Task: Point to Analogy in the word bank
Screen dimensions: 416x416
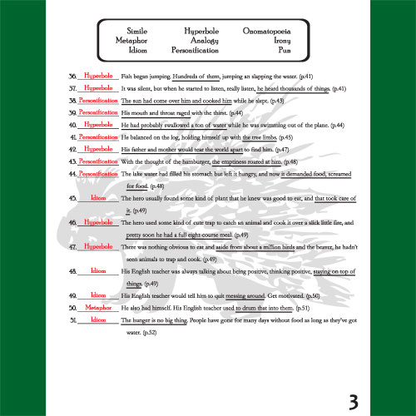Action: (x=200, y=38)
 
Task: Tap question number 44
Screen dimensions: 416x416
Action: (x=72, y=174)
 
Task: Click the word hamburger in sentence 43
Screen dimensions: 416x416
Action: (x=197, y=161)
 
